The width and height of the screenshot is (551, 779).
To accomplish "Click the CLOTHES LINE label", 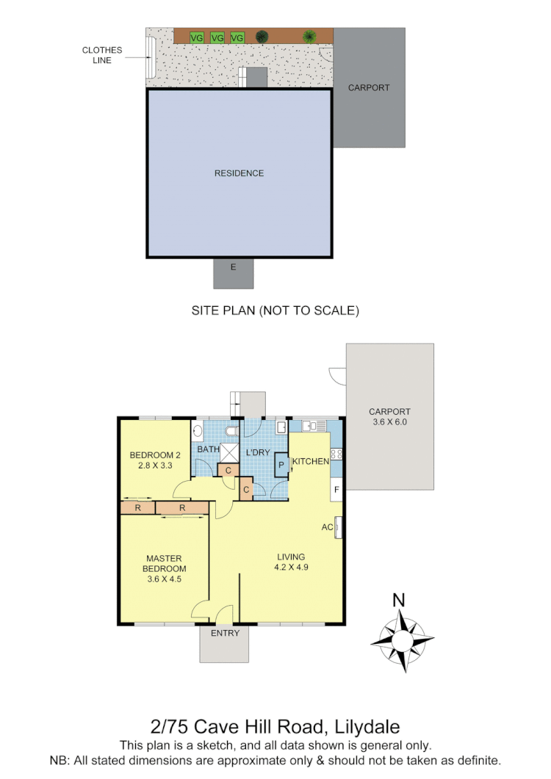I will pyautogui.click(x=102, y=55).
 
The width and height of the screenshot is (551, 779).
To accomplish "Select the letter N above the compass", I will pyautogui.click(x=399, y=600).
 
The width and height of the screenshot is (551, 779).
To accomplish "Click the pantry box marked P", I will pyautogui.click(x=281, y=465).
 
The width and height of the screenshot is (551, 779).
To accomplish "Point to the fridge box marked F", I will pyautogui.click(x=336, y=489).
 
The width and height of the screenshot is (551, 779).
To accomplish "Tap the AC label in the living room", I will pyautogui.click(x=327, y=527).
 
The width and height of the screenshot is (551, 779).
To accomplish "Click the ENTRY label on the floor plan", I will pyautogui.click(x=225, y=633).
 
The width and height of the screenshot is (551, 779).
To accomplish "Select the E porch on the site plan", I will pyautogui.click(x=233, y=267).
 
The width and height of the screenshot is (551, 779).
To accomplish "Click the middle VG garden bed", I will pyautogui.click(x=217, y=37).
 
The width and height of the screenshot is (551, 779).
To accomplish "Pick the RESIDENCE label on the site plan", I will pyautogui.click(x=239, y=173).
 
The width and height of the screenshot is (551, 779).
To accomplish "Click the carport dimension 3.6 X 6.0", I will pyautogui.click(x=389, y=422).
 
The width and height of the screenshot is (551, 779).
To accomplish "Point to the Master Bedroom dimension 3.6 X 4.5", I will pyautogui.click(x=165, y=579).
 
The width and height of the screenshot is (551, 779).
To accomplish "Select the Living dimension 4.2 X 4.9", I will pyautogui.click(x=291, y=567).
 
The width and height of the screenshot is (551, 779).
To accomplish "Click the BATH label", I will pyautogui.click(x=208, y=449).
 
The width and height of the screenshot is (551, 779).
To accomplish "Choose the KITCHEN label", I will pyautogui.click(x=311, y=461).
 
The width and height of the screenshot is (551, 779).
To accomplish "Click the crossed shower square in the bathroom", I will pyautogui.click(x=229, y=452).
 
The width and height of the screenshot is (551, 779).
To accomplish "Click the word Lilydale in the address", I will pyautogui.click(x=366, y=727).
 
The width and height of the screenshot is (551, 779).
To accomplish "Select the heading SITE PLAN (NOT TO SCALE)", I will pyautogui.click(x=275, y=311).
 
